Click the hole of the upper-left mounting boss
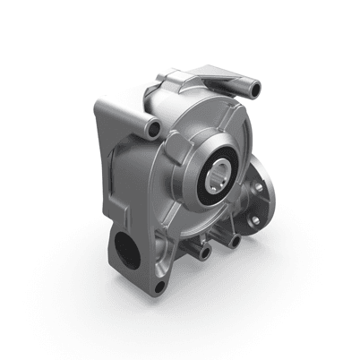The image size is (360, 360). click(x=155, y=130)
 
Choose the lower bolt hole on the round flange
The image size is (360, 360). click(x=256, y=220)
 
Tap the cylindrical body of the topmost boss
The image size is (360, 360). click(x=244, y=86)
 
